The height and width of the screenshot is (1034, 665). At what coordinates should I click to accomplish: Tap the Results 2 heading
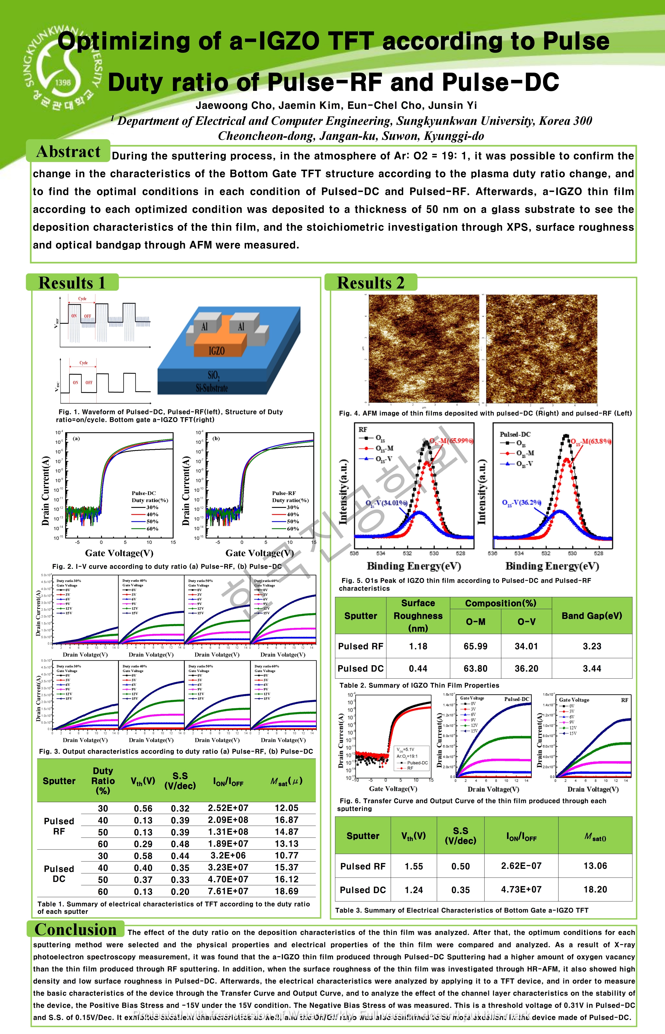pyautogui.click(x=371, y=283)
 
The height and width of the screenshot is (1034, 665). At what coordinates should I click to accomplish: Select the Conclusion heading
pyautogui.click(x=75, y=929)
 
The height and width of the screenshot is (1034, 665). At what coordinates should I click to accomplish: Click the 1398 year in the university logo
pyautogui.click(x=63, y=82)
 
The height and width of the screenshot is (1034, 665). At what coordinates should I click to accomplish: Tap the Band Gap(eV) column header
pyautogui.click(x=592, y=615)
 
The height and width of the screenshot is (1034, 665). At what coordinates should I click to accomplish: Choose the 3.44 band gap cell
pyautogui.click(x=592, y=668)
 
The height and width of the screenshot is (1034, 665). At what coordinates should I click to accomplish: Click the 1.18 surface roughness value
pyautogui.click(x=418, y=646)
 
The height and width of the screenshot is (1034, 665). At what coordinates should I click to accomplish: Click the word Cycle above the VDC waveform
pyautogui.click(x=83, y=363)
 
